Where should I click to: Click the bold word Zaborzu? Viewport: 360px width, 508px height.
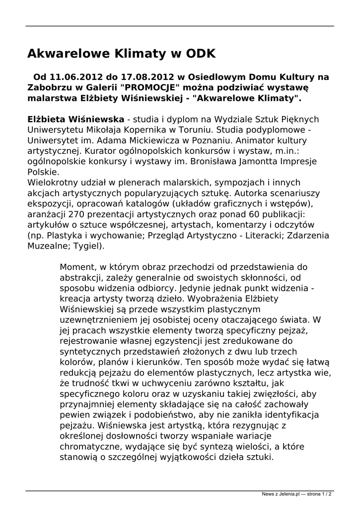(x=49, y=88)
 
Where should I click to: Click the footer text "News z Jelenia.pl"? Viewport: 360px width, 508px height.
(x=281, y=494)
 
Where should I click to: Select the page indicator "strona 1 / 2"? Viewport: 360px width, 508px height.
(x=318, y=494)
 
